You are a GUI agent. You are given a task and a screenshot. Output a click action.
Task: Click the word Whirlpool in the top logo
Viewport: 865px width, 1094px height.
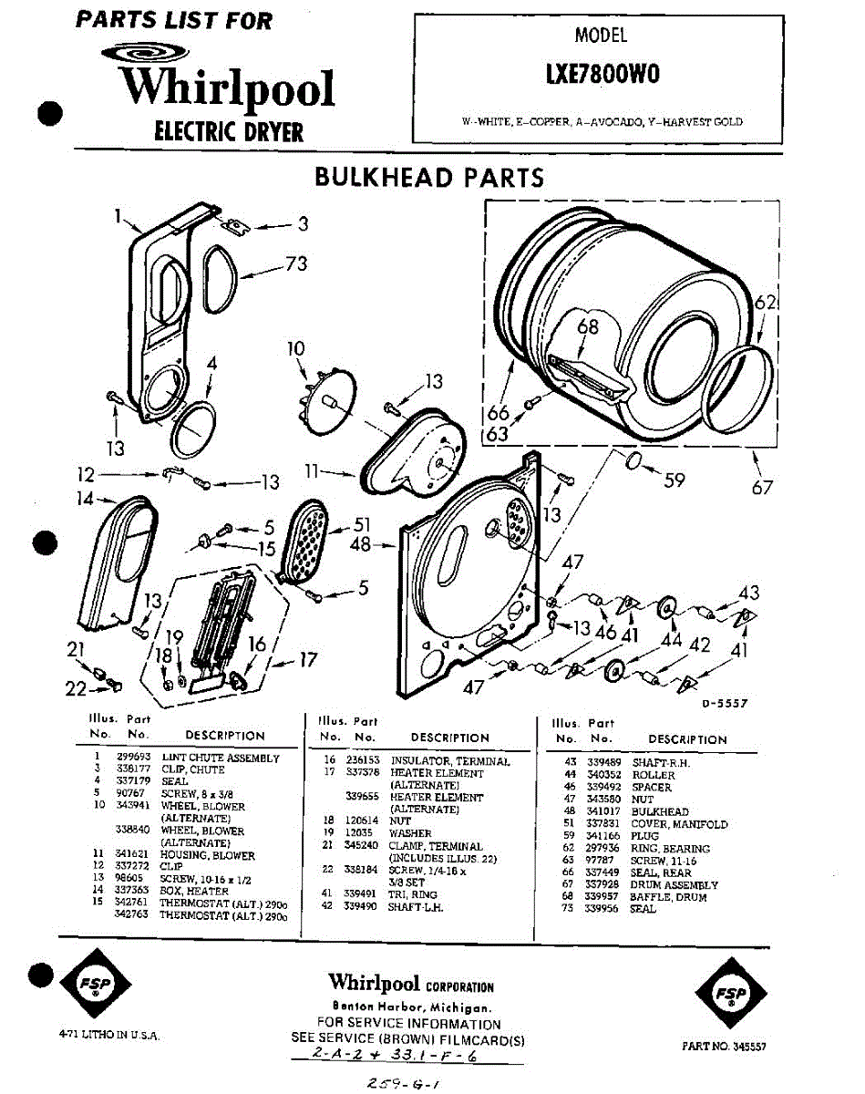(x=228, y=88)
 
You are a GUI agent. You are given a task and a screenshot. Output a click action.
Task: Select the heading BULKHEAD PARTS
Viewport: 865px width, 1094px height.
(x=428, y=177)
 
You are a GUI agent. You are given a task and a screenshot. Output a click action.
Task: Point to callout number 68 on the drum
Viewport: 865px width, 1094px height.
(x=589, y=325)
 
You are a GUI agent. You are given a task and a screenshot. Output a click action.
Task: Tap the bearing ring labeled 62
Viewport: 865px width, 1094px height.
(x=743, y=385)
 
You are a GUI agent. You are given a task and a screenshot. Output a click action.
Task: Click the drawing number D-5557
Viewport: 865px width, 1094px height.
(x=726, y=702)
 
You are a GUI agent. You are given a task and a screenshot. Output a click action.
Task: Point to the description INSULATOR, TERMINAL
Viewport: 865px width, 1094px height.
(x=450, y=760)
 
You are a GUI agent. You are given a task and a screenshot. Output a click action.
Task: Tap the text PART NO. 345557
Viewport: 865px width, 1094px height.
(x=724, y=1048)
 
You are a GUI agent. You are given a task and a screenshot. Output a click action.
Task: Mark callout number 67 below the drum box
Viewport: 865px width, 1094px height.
(x=762, y=488)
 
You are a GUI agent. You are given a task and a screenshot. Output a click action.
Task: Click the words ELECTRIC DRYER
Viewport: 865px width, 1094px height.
(x=229, y=132)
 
